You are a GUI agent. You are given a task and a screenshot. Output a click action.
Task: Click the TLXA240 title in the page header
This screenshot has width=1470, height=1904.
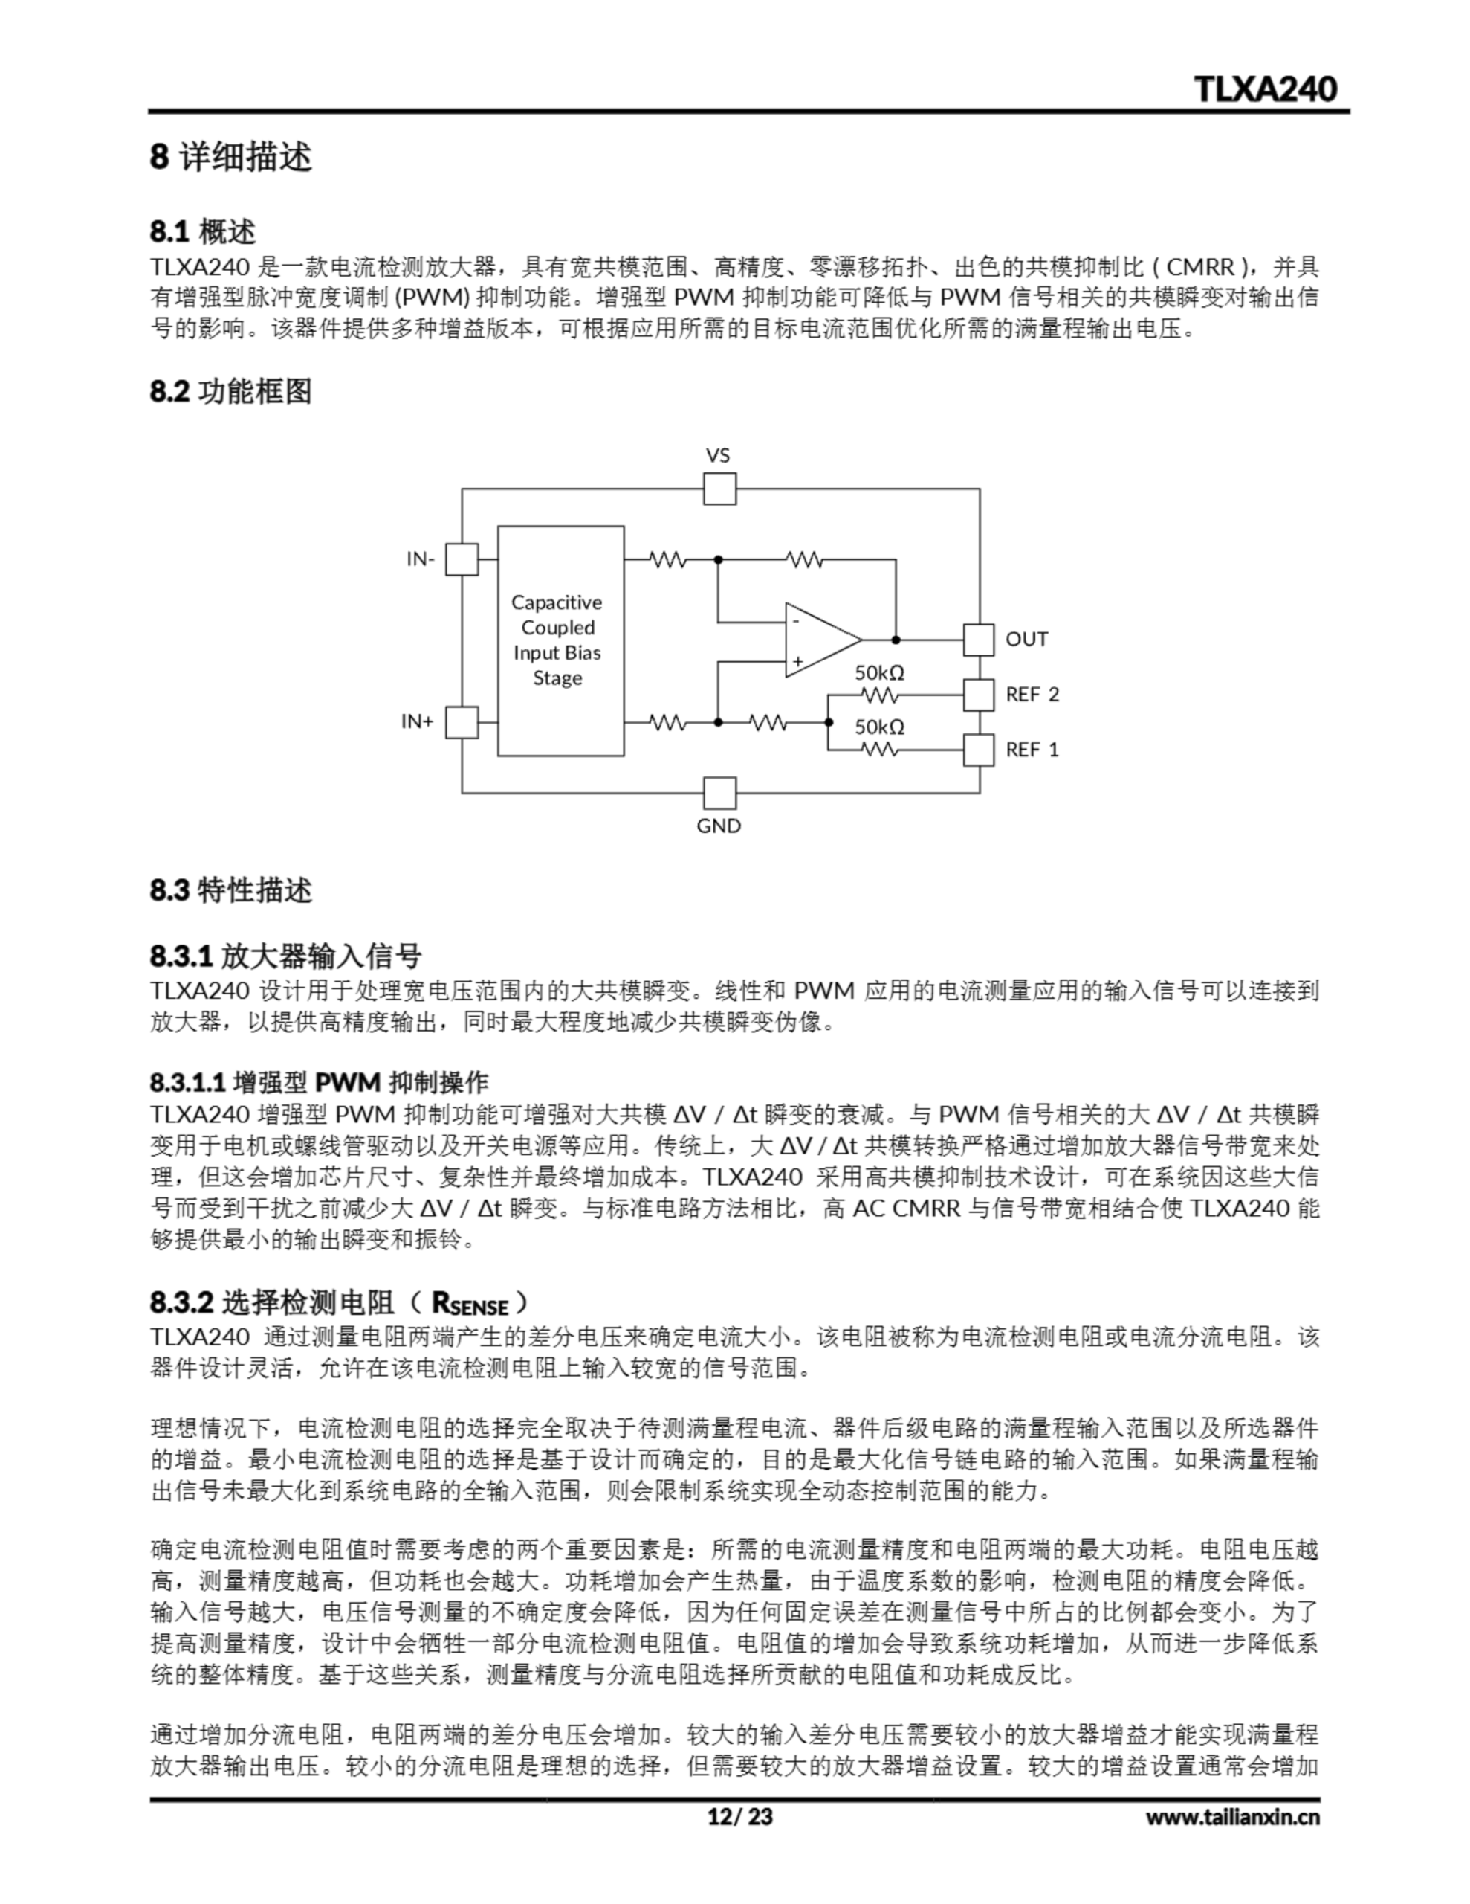coord(1264,89)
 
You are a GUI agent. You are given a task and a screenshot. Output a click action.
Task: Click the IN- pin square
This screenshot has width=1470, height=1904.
coord(462,559)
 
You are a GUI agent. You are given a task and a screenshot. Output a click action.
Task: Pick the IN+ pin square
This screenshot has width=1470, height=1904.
coord(462,722)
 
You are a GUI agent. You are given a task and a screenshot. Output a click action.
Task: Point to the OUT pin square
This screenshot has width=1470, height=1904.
coord(979,640)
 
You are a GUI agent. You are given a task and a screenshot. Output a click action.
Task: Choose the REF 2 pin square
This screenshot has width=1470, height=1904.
coord(979,695)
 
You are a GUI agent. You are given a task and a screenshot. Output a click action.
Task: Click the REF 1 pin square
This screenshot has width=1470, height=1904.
coord(979,750)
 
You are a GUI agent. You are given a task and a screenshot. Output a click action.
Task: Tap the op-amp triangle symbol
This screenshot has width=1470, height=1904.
coord(819,640)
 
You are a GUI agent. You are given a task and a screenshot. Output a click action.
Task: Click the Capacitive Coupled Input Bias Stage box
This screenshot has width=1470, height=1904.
coord(560,641)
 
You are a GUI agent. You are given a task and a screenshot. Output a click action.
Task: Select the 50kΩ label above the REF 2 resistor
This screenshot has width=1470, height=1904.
coord(879,672)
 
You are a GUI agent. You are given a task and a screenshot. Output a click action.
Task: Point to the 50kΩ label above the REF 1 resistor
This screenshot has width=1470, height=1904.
coord(879,726)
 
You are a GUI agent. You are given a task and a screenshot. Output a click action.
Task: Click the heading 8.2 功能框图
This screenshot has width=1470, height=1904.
coord(231,391)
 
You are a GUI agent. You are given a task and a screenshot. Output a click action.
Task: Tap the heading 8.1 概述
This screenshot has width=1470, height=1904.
coord(203,232)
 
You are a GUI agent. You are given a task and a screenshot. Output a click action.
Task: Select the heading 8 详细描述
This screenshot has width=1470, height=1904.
coord(231,157)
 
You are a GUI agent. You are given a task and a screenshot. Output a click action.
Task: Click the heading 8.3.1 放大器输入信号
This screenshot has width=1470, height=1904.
coord(286,956)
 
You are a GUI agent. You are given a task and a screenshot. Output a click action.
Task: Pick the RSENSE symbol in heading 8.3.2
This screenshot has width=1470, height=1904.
coord(470,1305)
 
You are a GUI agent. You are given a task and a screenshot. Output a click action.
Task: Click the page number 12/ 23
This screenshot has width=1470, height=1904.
coord(739,1816)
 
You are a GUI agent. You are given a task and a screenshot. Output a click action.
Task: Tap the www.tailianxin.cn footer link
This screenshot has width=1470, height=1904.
coord(1232,1817)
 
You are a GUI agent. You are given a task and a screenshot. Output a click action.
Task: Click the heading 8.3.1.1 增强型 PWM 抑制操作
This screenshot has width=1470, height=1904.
coord(319,1082)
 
